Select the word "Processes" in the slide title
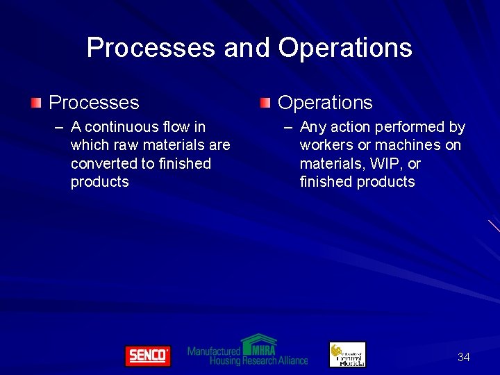point(151,48)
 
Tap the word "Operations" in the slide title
point(345,48)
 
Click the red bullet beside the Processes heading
point(36,103)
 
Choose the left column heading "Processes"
point(94,103)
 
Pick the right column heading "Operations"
point(325,103)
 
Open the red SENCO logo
point(147,356)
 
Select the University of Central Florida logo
point(347,355)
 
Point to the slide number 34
point(463,357)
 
